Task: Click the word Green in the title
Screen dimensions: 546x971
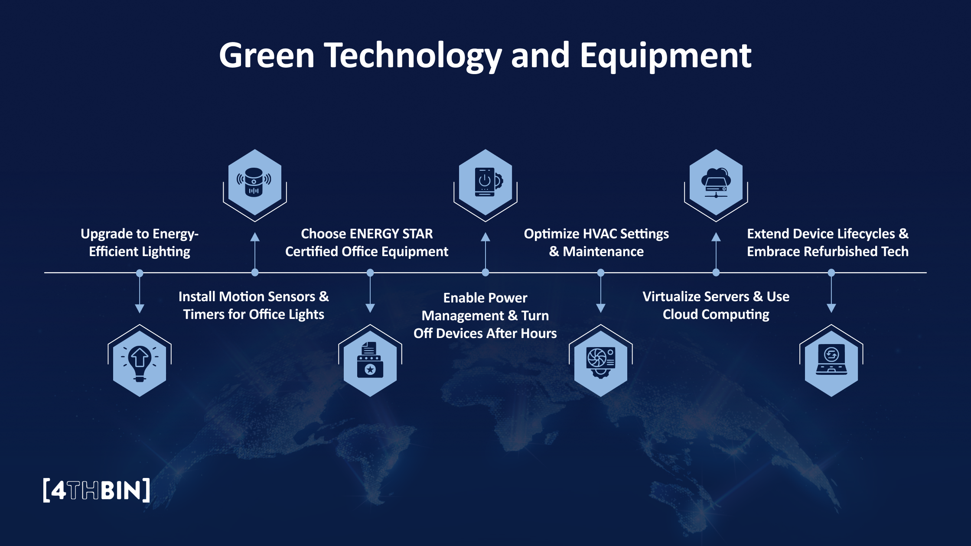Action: (x=267, y=55)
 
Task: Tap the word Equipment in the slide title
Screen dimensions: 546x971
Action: (x=665, y=56)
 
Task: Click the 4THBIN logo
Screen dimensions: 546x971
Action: (x=97, y=490)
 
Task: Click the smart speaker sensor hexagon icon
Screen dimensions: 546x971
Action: (x=255, y=182)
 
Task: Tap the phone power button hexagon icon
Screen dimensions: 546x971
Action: (x=485, y=182)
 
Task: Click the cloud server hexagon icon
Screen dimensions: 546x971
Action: (x=716, y=182)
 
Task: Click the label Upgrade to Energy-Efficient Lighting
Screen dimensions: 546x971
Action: (x=140, y=243)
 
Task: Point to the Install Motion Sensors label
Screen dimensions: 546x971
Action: (x=254, y=305)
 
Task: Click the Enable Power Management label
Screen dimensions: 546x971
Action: (x=485, y=315)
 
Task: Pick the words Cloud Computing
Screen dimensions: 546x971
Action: (x=716, y=315)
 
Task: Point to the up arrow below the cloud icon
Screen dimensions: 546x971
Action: (x=716, y=237)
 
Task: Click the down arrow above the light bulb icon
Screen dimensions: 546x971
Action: (x=140, y=308)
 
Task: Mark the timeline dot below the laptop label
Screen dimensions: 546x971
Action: (x=831, y=273)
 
